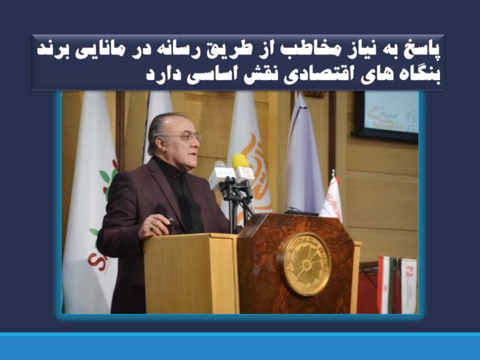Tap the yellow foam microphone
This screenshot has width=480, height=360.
[240, 162]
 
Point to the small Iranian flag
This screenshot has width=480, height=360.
[385, 281]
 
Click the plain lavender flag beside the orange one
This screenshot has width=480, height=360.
[304, 156]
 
